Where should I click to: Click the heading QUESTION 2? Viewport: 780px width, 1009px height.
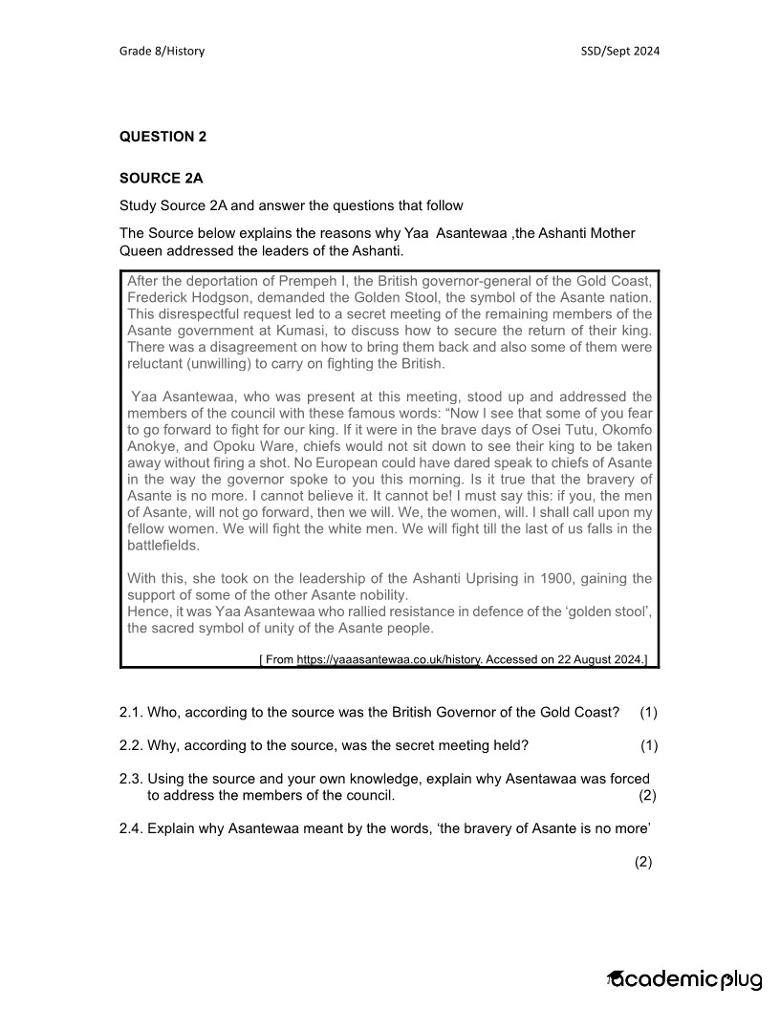[162, 137]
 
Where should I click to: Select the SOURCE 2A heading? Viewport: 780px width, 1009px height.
[161, 178]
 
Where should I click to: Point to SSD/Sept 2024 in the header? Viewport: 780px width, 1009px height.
[619, 51]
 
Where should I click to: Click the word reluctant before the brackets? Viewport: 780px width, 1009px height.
[158, 364]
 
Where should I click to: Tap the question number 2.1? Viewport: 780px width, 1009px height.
[131, 713]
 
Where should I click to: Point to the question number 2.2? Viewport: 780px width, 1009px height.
[131, 745]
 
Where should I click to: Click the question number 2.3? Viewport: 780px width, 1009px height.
[131, 779]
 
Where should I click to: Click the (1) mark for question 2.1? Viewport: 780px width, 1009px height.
[649, 713]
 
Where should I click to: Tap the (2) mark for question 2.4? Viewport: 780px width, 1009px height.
[643, 862]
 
